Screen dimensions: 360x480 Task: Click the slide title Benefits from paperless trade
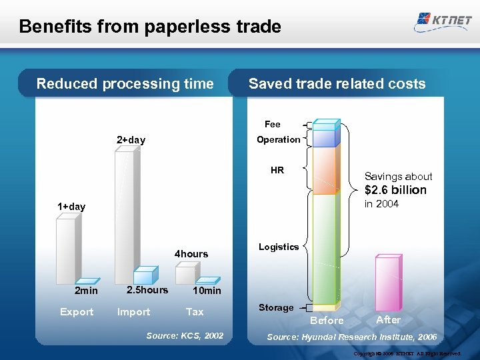click(150, 27)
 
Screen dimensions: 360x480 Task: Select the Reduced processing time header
click(125, 84)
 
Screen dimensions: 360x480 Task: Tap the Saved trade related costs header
click(337, 84)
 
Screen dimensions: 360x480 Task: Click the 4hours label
click(191, 254)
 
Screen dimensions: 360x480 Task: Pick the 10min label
click(207, 291)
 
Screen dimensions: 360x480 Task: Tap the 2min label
click(86, 291)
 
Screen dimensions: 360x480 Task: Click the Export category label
click(77, 312)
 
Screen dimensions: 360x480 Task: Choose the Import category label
click(133, 312)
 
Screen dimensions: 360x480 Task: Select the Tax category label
click(195, 312)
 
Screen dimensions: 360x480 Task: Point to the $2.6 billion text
click(395, 190)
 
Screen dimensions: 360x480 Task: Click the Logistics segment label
click(279, 247)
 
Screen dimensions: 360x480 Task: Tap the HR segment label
click(277, 171)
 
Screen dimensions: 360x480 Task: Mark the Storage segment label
click(276, 308)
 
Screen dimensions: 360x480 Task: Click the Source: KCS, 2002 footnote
click(185, 336)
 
